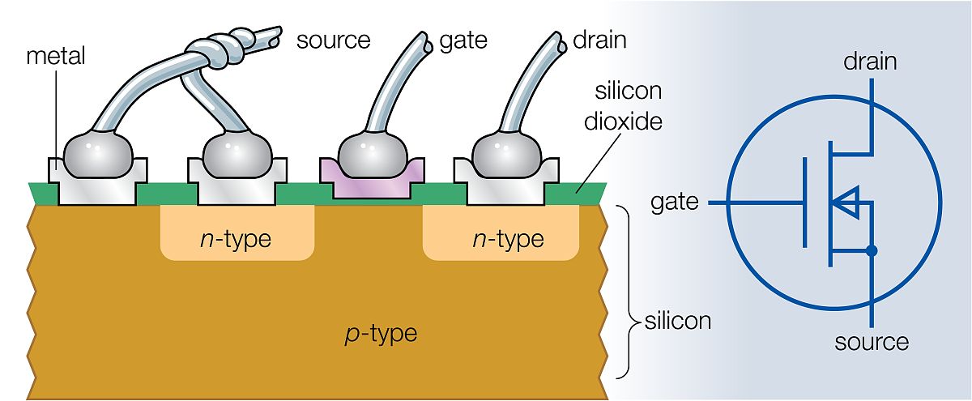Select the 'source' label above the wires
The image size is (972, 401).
[333, 40]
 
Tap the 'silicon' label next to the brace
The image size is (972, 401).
[678, 321]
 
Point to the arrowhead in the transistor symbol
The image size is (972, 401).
[844, 203]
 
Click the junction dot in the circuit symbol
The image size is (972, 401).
[871, 251]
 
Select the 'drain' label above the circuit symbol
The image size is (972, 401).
[871, 61]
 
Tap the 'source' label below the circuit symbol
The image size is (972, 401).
[872, 342]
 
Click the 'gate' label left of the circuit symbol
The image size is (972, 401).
[675, 202]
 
